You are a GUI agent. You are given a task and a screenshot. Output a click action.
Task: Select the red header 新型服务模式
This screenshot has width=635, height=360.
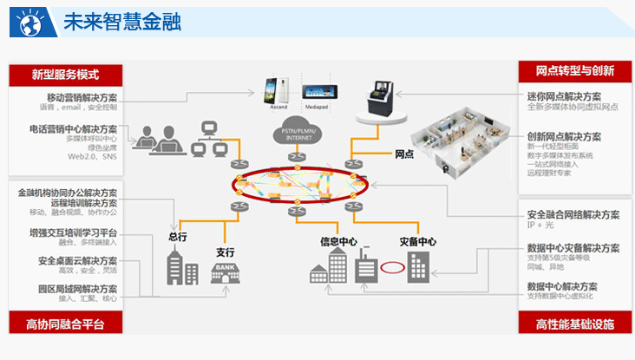click(65, 75)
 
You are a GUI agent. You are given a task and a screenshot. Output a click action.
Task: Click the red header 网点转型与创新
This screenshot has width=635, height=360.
click(574, 71)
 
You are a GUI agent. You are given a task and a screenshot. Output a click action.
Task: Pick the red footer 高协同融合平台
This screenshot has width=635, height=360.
click(65, 324)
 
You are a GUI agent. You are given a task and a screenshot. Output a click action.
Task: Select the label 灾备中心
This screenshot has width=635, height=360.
click(417, 242)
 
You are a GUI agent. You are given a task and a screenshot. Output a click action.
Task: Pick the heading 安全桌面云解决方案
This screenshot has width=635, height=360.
click(78, 260)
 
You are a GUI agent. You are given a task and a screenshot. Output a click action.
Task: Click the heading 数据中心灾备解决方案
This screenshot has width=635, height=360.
click(573, 248)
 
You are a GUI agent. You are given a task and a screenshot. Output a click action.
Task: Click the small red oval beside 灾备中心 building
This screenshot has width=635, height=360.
click(392, 268)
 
